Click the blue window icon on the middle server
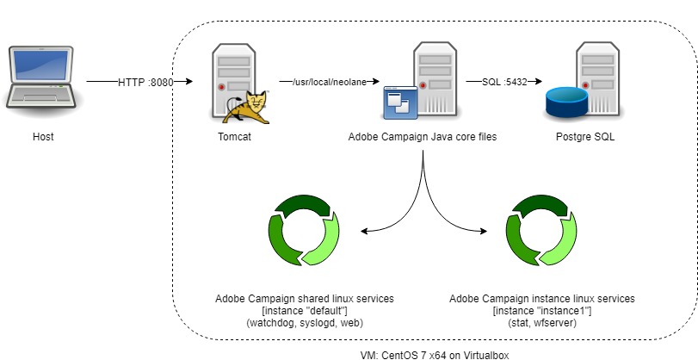[400, 103]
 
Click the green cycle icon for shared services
[305, 232]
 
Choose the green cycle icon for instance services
[541, 232]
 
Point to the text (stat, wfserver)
[542, 322]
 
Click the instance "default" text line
[305, 310]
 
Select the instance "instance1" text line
[542, 310]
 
